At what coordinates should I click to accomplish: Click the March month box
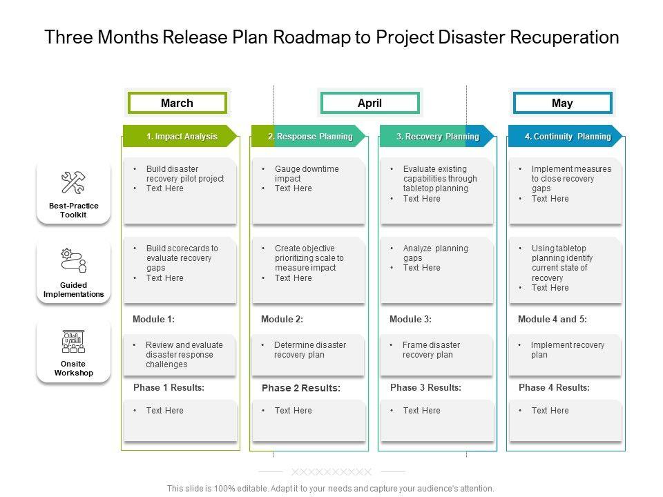[x=177, y=104]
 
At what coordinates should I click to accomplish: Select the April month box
[x=369, y=104]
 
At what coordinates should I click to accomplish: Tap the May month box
[x=562, y=104]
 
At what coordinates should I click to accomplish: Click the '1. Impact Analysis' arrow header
[x=181, y=137]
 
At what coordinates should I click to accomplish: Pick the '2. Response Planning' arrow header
[x=310, y=137]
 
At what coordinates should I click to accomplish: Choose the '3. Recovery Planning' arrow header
[x=437, y=137]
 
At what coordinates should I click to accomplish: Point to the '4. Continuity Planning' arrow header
[x=567, y=137]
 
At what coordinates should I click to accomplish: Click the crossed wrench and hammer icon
[x=73, y=183]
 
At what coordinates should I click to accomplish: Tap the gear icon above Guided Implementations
[x=67, y=253]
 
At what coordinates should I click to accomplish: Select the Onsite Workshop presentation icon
[x=73, y=341]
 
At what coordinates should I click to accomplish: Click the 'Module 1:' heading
[x=153, y=320]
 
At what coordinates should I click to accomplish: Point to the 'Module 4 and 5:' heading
[x=552, y=320]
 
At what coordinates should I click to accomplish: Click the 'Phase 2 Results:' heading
[x=301, y=389]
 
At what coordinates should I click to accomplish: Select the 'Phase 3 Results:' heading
[x=425, y=388]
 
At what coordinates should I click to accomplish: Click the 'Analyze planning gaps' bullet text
[x=435, y=253]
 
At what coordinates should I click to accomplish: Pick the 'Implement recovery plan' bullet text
[x=567, y=350]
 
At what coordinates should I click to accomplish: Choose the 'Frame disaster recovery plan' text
[x=431, y=350]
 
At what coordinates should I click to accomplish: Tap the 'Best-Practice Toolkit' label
[x=73, y=210]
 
